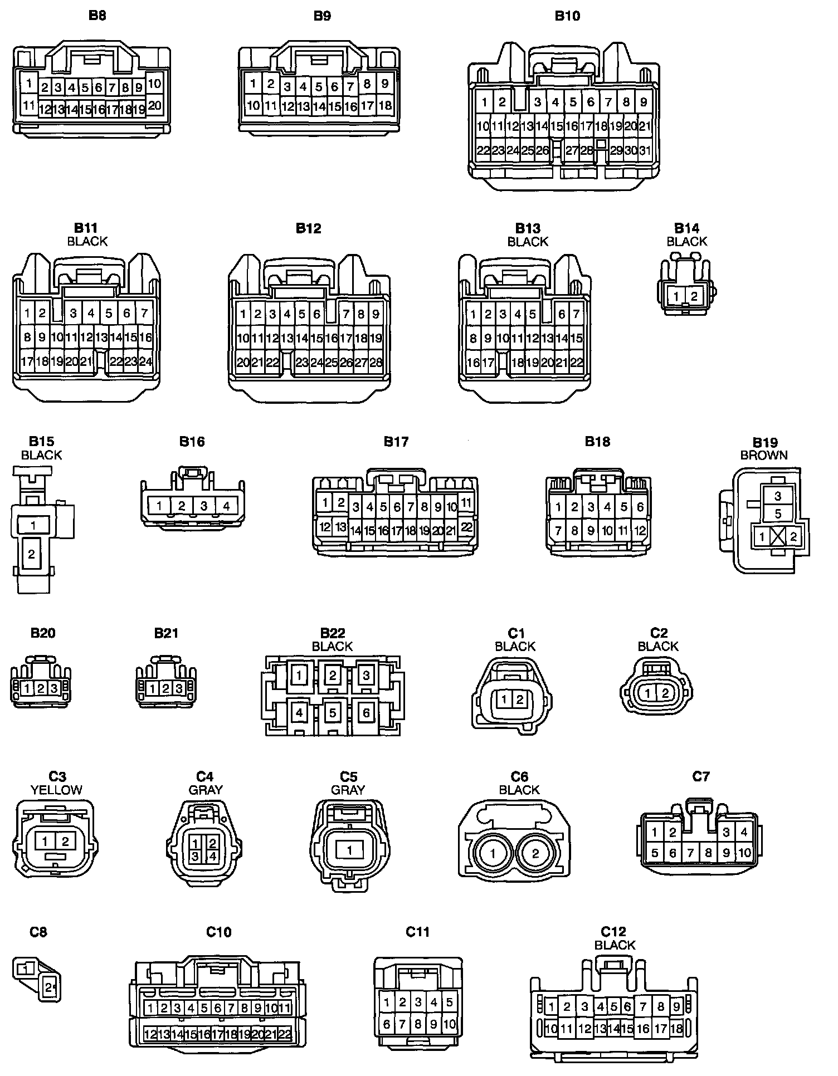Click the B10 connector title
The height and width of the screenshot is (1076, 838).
[567, 16]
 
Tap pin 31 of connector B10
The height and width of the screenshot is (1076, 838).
[645, 150]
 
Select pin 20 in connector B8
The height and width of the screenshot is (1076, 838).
[155, 105]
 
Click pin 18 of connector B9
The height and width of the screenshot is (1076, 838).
[385, 105]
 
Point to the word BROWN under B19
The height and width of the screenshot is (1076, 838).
[764, 455]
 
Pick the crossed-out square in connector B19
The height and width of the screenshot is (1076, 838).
[778, 537]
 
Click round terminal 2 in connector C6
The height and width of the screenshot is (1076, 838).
[535, 853]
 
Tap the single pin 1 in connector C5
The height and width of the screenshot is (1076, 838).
[349, 850]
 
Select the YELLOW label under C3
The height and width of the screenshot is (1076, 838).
[56, 790]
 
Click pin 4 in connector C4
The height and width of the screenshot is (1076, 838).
[212, 856]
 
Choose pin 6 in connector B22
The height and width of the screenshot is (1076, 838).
[366, 712]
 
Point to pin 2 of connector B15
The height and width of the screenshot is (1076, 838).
[32, 554]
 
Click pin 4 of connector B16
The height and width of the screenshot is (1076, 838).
[226, 506]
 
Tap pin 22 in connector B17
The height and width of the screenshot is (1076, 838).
[467, 526]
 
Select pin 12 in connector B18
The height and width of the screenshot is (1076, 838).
[640, 531]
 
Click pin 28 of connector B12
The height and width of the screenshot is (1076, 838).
[376, 363]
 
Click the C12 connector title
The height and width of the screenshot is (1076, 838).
[613, 931]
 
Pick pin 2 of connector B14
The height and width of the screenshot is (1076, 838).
[694, 296]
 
